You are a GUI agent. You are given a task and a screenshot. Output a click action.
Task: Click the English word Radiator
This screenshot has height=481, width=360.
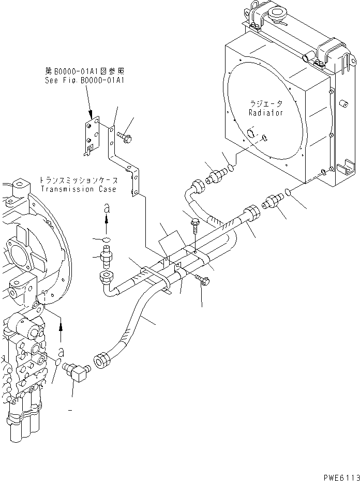[x=265, y=113]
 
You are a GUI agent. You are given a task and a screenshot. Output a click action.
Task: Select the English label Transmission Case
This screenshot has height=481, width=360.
[x=78, y=189]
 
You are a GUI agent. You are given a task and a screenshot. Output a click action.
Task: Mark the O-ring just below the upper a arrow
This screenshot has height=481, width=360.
[x=106, y=239]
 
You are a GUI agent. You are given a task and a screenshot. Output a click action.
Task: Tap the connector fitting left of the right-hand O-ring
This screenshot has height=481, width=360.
[x=274, y=202]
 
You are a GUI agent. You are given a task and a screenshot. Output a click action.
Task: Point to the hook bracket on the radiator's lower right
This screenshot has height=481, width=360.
[x=343, y=170]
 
